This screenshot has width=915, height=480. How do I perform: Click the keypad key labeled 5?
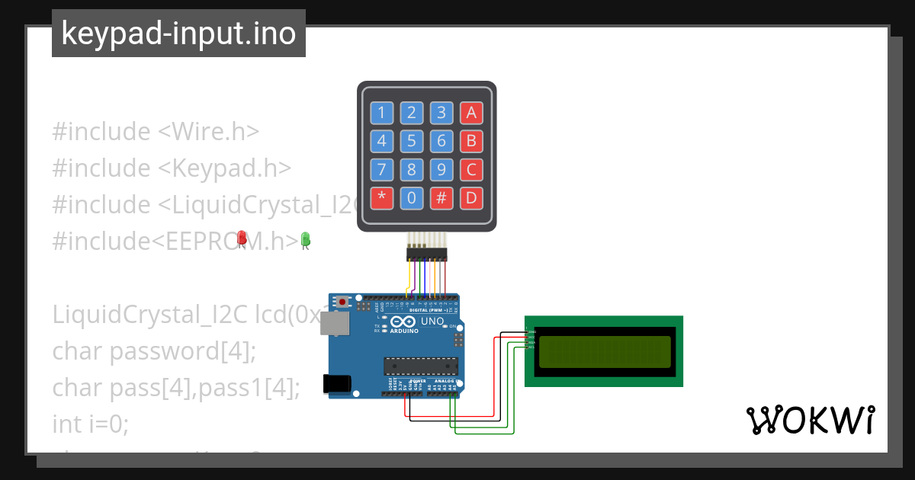point(411,141)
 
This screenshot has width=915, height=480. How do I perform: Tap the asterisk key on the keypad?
point(381,199)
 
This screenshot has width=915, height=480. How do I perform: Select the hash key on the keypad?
point(441,199)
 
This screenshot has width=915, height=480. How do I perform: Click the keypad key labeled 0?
point(411,199)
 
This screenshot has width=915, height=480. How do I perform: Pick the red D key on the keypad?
point(471,199)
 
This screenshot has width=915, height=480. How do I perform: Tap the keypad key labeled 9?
point(441,170)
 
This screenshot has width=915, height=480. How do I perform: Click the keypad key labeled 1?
point(381,114)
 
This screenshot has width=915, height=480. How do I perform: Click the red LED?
point(242,238)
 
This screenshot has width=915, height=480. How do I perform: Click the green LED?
point(306,240)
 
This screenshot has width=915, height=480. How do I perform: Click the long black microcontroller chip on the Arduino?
point(421,366)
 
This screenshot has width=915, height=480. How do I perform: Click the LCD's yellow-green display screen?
point(604,351)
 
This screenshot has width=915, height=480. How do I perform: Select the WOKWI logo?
point(811,420)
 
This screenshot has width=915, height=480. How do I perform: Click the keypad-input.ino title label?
point(178,34)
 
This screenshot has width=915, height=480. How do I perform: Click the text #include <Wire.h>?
point(156,131)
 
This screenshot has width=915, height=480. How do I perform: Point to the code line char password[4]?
point(154,351)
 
